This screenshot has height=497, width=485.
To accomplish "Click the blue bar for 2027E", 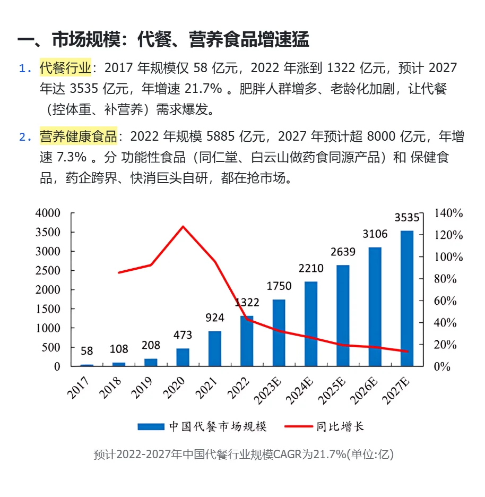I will (x=406, y=298).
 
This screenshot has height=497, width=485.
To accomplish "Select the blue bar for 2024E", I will (x=310, y=324).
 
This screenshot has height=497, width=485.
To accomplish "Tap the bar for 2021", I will (x=214, y=348).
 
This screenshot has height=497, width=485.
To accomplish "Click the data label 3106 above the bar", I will (x=375, y=234).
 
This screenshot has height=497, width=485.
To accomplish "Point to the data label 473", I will (x=183, y=335).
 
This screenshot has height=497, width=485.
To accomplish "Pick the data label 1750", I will (x=279, y=286).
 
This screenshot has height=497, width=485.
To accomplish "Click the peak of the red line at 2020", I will (x=183, y=227).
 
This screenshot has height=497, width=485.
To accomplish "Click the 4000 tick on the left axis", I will (x=48, y=213).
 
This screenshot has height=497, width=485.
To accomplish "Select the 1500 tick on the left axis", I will (x=48, y=309).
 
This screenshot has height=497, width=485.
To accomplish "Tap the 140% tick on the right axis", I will (x=448, y=213).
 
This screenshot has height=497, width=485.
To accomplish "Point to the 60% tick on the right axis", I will (x=446, y=301).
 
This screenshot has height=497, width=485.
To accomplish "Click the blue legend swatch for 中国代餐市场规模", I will (x=151, y=426).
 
